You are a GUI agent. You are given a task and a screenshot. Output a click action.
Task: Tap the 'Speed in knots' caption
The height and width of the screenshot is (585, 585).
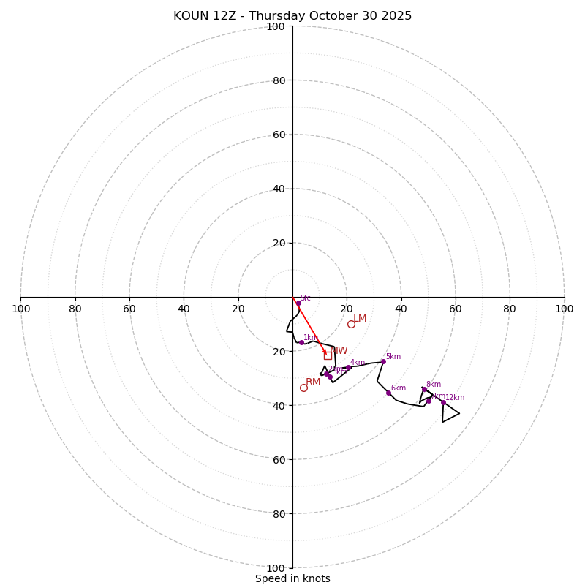pyautogui.click(x=292, y=578)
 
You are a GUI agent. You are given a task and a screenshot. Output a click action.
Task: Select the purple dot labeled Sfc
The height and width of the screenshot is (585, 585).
pyautogui.click(x=298, y=303)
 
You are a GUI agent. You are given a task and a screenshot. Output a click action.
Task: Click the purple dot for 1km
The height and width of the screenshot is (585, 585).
pyautogui.click(x=301, y=342)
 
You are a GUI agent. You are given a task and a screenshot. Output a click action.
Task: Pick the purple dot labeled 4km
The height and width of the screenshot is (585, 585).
pyautogui.click(x=348, y=367)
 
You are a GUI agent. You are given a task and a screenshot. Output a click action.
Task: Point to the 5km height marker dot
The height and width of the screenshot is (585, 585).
pyautogui.click(x=383, y=361)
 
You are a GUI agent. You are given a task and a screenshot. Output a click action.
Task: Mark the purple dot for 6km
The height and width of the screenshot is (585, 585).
pyautogui.click(x=388, y=393)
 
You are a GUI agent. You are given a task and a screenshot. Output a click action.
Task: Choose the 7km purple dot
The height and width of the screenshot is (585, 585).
pyautogui.click(x=429, y=401)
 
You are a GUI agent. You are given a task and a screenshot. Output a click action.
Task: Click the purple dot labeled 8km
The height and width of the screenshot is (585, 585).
pyautogui.click(x=424, y=389)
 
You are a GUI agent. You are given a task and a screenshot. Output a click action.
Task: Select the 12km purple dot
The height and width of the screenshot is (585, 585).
pyautogui.click(x=443, y=402)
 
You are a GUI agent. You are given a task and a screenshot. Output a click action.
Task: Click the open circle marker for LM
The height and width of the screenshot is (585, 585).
pyautogui.click(x=351, y=324)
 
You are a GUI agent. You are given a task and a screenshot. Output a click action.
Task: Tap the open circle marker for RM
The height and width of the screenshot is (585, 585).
pyautogui.click(x=303, y=388)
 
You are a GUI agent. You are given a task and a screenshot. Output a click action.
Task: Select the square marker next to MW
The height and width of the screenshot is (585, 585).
pyautogui.click(x=328, y=355)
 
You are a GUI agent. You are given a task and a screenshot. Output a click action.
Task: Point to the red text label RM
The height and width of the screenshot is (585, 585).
pyautogui.click(x=313, y=382)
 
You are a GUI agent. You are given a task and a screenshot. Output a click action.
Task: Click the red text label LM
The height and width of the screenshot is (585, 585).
pyautogui.click(x=360, y=319)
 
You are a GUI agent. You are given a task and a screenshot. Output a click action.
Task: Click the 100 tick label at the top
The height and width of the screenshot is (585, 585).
pyautogui.click(x=275, y=26)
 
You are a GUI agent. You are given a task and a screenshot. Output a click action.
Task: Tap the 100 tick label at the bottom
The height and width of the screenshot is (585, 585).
pyautogui.click(x=275, y=568)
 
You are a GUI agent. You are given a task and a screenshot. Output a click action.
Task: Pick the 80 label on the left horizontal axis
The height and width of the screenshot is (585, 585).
pyautogui.click(x=75, y=309)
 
